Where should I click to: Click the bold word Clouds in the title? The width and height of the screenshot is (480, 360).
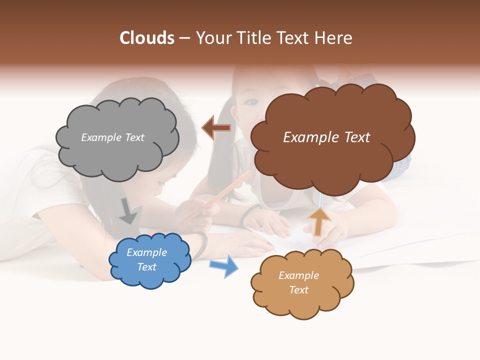click(x=147, y=38)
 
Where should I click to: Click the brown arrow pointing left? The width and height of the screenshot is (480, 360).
click(x=216, y=128)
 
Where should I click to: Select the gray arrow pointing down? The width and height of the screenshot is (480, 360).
click(x=128, y=211)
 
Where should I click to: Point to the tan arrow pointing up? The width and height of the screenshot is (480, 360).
click(x=318, y=222)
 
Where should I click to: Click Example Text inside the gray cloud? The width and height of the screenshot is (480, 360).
click(x=112, y=137)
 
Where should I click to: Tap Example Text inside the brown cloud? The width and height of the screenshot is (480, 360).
click(x=326, y=137)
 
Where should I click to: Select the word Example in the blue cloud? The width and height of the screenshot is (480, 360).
click(x=146, y=253)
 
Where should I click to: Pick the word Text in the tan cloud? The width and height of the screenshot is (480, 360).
click(x=298, y=290)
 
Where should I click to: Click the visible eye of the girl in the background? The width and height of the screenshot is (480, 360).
click(x=251, y=102)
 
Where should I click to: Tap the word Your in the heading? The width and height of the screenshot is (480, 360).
click(x=213, y=38)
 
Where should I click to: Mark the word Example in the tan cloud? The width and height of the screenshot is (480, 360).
click(x=298, y=275)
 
